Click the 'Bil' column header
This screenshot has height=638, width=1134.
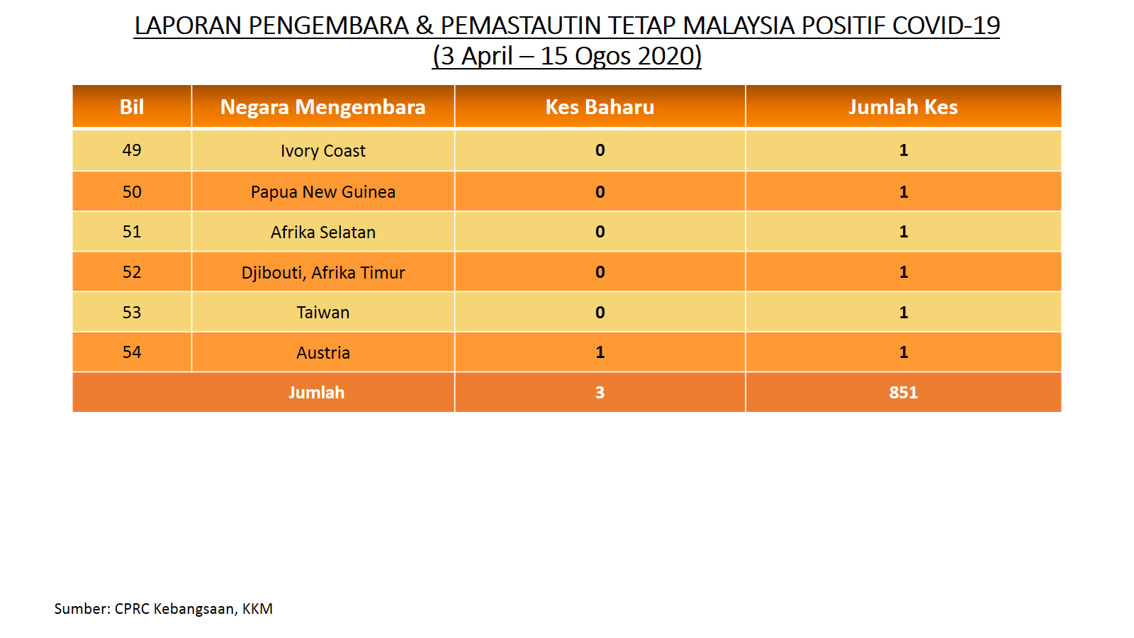coord(132,107)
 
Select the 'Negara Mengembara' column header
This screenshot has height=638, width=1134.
coord(323,107)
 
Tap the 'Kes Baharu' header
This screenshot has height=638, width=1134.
coord(600,107)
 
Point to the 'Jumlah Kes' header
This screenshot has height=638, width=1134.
coord(903,107)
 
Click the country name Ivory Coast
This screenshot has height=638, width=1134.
coord(323,151)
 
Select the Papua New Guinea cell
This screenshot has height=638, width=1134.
coord(323,192)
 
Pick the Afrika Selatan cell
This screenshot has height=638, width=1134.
coord(323,232)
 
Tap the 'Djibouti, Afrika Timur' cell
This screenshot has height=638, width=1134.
coord(323,272)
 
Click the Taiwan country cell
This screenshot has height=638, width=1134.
coord(323,313)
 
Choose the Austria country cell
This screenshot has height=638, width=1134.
coord(323,352)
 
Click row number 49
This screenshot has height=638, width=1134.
coord(132,150)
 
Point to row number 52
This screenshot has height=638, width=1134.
coord(132,272)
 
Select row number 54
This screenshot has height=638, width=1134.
coord(132,352)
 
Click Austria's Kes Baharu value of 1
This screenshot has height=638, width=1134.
coord(600,352)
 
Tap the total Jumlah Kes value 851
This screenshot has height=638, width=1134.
coord(903,393)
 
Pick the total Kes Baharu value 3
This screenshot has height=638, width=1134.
coord(600,393)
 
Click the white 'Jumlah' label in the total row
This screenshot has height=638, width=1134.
coord(316,393)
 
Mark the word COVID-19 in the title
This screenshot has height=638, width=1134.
coord(945,26)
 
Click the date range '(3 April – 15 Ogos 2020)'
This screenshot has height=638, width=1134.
coord(566,56)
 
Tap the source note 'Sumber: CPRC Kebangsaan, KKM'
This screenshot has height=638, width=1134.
coord(164,609)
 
